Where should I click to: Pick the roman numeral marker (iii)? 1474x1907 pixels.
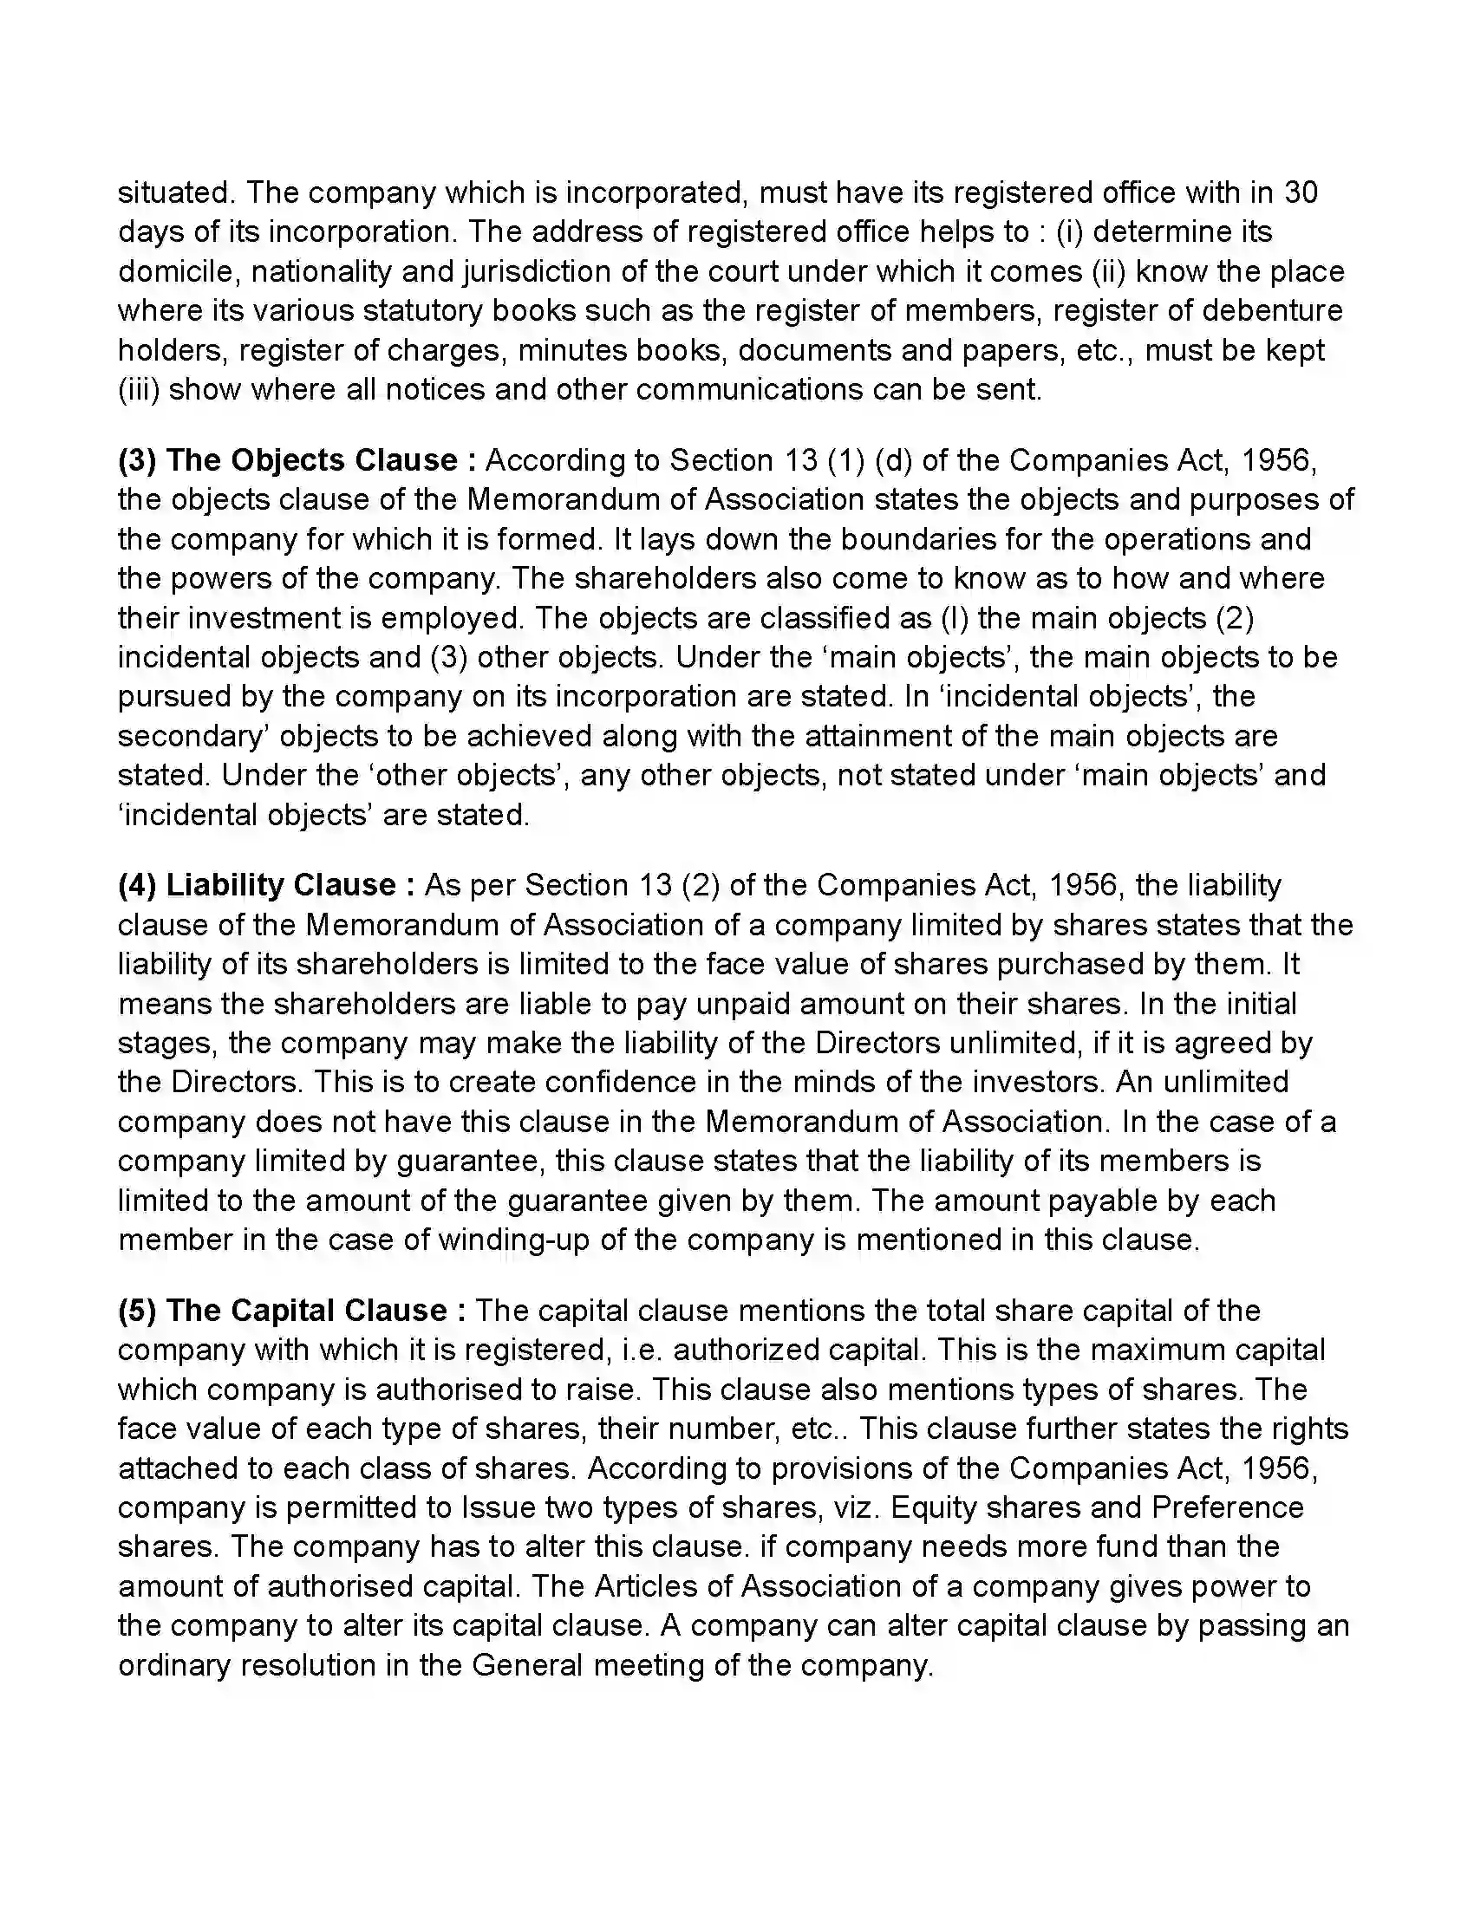point(138,389)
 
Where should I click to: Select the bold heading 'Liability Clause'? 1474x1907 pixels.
point(280,885)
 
